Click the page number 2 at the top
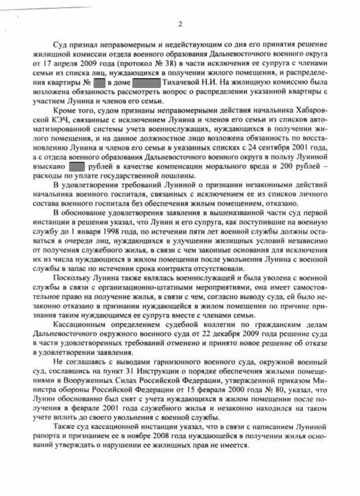point(180,24)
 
